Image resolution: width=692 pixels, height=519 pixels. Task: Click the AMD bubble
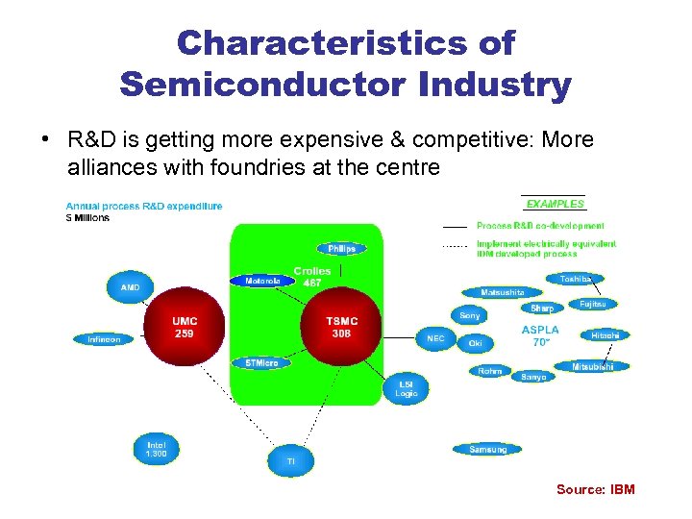coord(130,286)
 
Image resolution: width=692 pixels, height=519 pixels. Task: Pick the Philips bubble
coord(341,248)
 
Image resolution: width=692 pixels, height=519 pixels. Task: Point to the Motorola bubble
coord(262,281)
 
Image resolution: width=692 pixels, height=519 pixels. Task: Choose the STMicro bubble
coord(261,362)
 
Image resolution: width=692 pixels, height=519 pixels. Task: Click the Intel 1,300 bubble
coord(156,449)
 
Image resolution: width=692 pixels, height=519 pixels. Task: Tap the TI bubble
coord(290,461)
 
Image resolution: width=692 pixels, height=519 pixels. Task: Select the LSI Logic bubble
coord(406,388)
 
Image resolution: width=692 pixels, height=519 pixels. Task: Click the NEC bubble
coord(435,338)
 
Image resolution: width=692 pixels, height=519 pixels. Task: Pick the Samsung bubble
coord(487,449)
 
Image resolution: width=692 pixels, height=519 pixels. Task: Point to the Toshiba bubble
coord(581,279)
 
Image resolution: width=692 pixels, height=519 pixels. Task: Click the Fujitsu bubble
coord(592,304)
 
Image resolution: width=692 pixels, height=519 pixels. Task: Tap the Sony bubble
coord(469,315)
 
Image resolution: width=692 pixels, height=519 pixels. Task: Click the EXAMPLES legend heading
coord(555,204)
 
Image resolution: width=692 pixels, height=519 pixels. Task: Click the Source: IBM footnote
coord(595,490)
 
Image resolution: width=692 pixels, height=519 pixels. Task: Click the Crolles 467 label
coord(311,277)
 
